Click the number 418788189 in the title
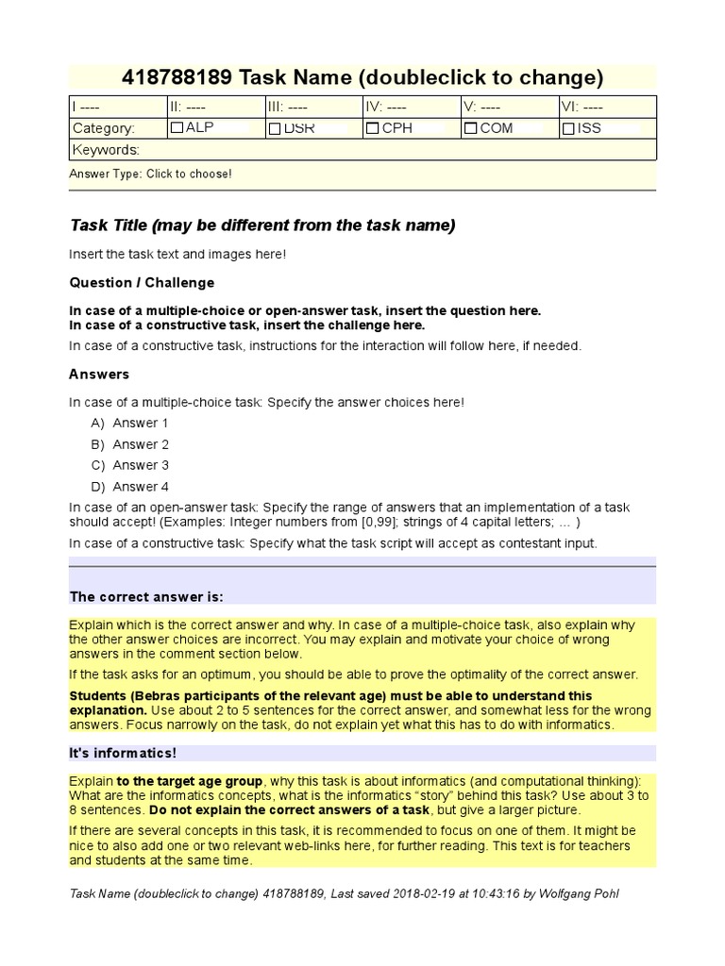click(x=178, y=77)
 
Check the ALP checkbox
click(x=177, y=128)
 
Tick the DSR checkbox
click(x=275, y=128)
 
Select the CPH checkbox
click(x=373, y=128)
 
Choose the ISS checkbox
click(x=568, y=128)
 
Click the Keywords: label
click(x=107, y=150)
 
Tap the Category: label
click(x=104, y=128)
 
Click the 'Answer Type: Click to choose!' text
click(x=150, y=174)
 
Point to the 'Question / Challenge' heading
click(x=142, y=282)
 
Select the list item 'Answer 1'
click(x=141, y=423)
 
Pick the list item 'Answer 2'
click(x=141, y=444)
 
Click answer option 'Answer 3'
click(x=141, y=465)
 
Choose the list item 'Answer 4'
click(x=141, y=487)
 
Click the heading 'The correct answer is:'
click(x=146, y=596)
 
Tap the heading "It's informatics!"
click(x=123, y=753)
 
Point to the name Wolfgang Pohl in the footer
click(x=582, y=893)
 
